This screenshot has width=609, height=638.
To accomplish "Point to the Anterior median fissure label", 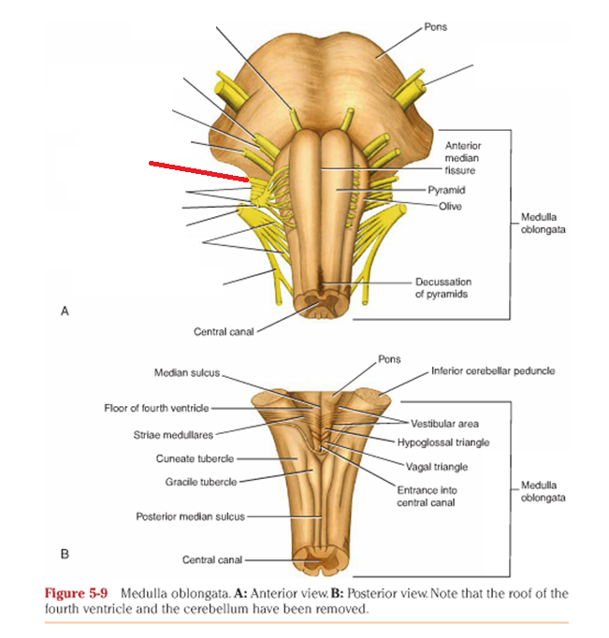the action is [461, 158].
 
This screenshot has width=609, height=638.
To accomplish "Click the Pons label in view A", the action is [436, 27].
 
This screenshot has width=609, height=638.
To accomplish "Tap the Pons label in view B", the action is [389, 358].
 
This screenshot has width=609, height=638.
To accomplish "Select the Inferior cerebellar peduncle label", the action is [493, 370].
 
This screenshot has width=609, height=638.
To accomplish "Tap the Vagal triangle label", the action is [437, 467].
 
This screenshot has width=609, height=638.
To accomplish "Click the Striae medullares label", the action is [173, 434].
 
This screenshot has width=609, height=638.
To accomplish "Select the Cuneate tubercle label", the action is [195, 458].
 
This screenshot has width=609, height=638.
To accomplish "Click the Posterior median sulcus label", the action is [191, 515].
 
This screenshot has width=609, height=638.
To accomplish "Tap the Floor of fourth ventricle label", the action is [157, 408].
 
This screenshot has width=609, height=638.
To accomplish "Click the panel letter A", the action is [65, 312].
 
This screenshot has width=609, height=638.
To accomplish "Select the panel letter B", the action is [65, 553].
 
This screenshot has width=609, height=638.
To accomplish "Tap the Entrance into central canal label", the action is [428, 496].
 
